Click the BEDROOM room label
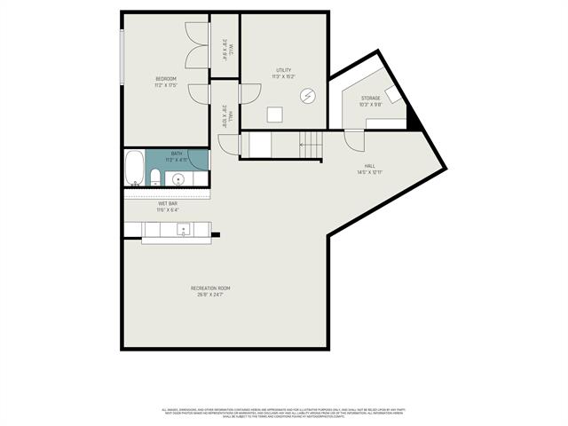166,79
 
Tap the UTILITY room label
283,70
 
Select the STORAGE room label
371,98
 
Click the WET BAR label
168,203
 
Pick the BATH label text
177,153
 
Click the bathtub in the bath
134,170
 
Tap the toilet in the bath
154,176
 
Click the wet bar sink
184,230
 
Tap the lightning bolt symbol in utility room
308,95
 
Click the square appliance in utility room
276,114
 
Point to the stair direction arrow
304,144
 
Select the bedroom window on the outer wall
122,59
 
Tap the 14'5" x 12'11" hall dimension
369,171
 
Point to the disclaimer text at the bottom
284,412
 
